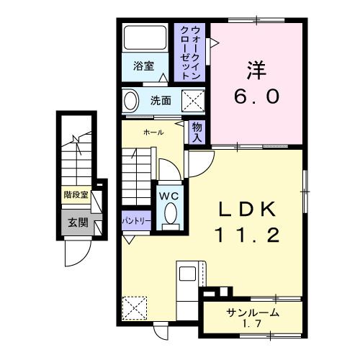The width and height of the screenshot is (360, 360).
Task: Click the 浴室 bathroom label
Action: pyautogui.click(x=144, y=66)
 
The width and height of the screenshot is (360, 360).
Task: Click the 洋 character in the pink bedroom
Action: pyautogui.click(x=256, y=71)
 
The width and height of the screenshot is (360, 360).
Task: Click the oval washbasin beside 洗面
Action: pyautogui.click(x=131, y=101)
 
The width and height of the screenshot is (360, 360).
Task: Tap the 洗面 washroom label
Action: pyautogui.click(x=161, y=101)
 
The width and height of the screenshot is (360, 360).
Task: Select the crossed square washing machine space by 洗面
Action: pyautogui.click(x=192, y=100)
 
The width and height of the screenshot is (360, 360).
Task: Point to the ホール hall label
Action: pyautogui.click(x=153, y=132)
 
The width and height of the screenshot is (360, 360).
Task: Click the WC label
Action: pyautogui.click(x=169, y=194)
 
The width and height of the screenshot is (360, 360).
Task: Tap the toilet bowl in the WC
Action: pyautogui.click(x=171, y=213)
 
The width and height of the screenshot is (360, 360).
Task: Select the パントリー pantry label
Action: pyautogui.click(x=135, y=221)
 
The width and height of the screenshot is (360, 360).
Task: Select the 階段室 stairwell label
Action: pyautogui.click(x=75, y=194)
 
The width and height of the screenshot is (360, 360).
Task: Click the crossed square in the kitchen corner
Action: pyautogui.click(x=135, y=308)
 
